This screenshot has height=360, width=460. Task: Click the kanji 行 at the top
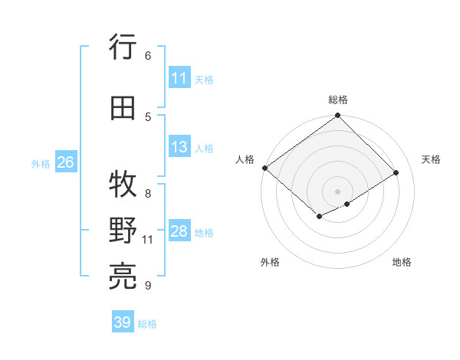tap(123, 47)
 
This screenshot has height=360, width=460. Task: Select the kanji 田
tap(123, 108)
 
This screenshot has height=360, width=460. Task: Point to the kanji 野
tap(123, 231)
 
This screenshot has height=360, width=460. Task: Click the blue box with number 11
tap(179, 78)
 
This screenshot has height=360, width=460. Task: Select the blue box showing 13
tap(179, 148)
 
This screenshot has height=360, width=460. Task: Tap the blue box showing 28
tap(179, 232)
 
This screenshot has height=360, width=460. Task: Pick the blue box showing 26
tap(65, 162)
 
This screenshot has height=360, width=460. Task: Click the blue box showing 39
tap(123, 322)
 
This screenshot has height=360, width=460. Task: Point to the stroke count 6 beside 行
tap(147, 55)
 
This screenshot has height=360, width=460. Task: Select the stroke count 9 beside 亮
tap(147, 286)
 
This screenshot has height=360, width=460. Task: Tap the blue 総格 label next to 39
tap(147, 324)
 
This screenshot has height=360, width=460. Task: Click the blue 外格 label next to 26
tap(41, 163)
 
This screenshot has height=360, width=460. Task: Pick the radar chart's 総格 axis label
tap(337, 100)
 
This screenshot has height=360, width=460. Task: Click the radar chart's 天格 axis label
tap(431, 159)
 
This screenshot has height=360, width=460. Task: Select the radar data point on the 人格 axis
tap(264, 168)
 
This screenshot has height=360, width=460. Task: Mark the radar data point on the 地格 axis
tap(347, 204)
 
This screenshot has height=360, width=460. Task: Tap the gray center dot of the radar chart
tap(337, 191)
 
